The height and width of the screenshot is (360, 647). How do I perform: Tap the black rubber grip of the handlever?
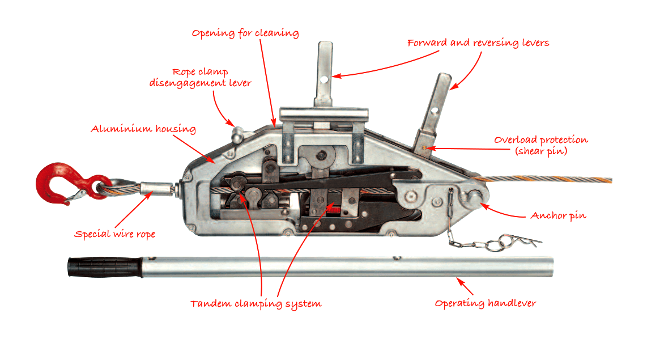coord(105,267)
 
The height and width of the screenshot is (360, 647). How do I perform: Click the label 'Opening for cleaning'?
coord(245,33)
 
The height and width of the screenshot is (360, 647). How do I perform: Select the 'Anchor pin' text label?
coord(558,215)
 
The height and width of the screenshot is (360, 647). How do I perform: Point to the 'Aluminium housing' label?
coord(143,129)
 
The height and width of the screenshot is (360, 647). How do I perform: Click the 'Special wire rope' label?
coord(115,234)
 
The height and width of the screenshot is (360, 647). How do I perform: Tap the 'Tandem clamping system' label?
coord(256,304)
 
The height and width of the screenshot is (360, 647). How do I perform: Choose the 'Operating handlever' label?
coord(485,303)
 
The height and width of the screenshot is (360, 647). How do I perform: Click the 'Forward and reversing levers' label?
coord(478,43)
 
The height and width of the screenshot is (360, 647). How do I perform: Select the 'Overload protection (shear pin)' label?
coord(541,145)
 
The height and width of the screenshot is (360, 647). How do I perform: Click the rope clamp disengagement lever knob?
coord(238,134)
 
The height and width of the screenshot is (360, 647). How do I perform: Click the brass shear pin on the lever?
coord(424,147)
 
